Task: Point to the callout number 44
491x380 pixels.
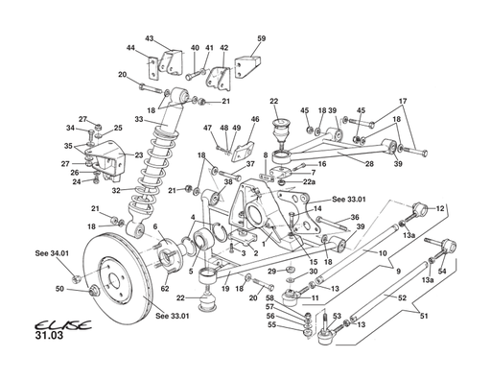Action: (x=130, y=48)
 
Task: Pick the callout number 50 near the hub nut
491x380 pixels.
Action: (x=59, y=289)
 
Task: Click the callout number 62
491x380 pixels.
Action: (x=165, y=287)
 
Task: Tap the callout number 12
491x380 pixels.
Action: (x=440, y=208)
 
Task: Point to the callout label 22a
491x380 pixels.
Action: (x=309, y=181)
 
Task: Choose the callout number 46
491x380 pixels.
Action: (x=255, y=120)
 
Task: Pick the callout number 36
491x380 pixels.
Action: (x=354, y=218)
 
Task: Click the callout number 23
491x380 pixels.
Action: (x=138, y=154)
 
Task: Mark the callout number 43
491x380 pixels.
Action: (x=150, y=38)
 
